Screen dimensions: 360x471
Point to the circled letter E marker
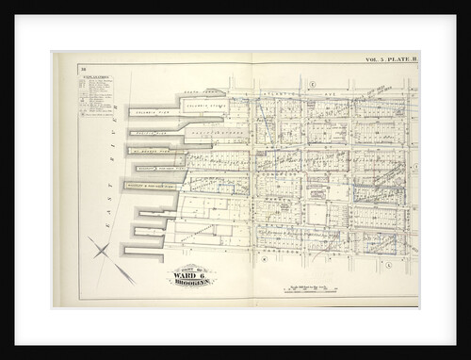point(310,85)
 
